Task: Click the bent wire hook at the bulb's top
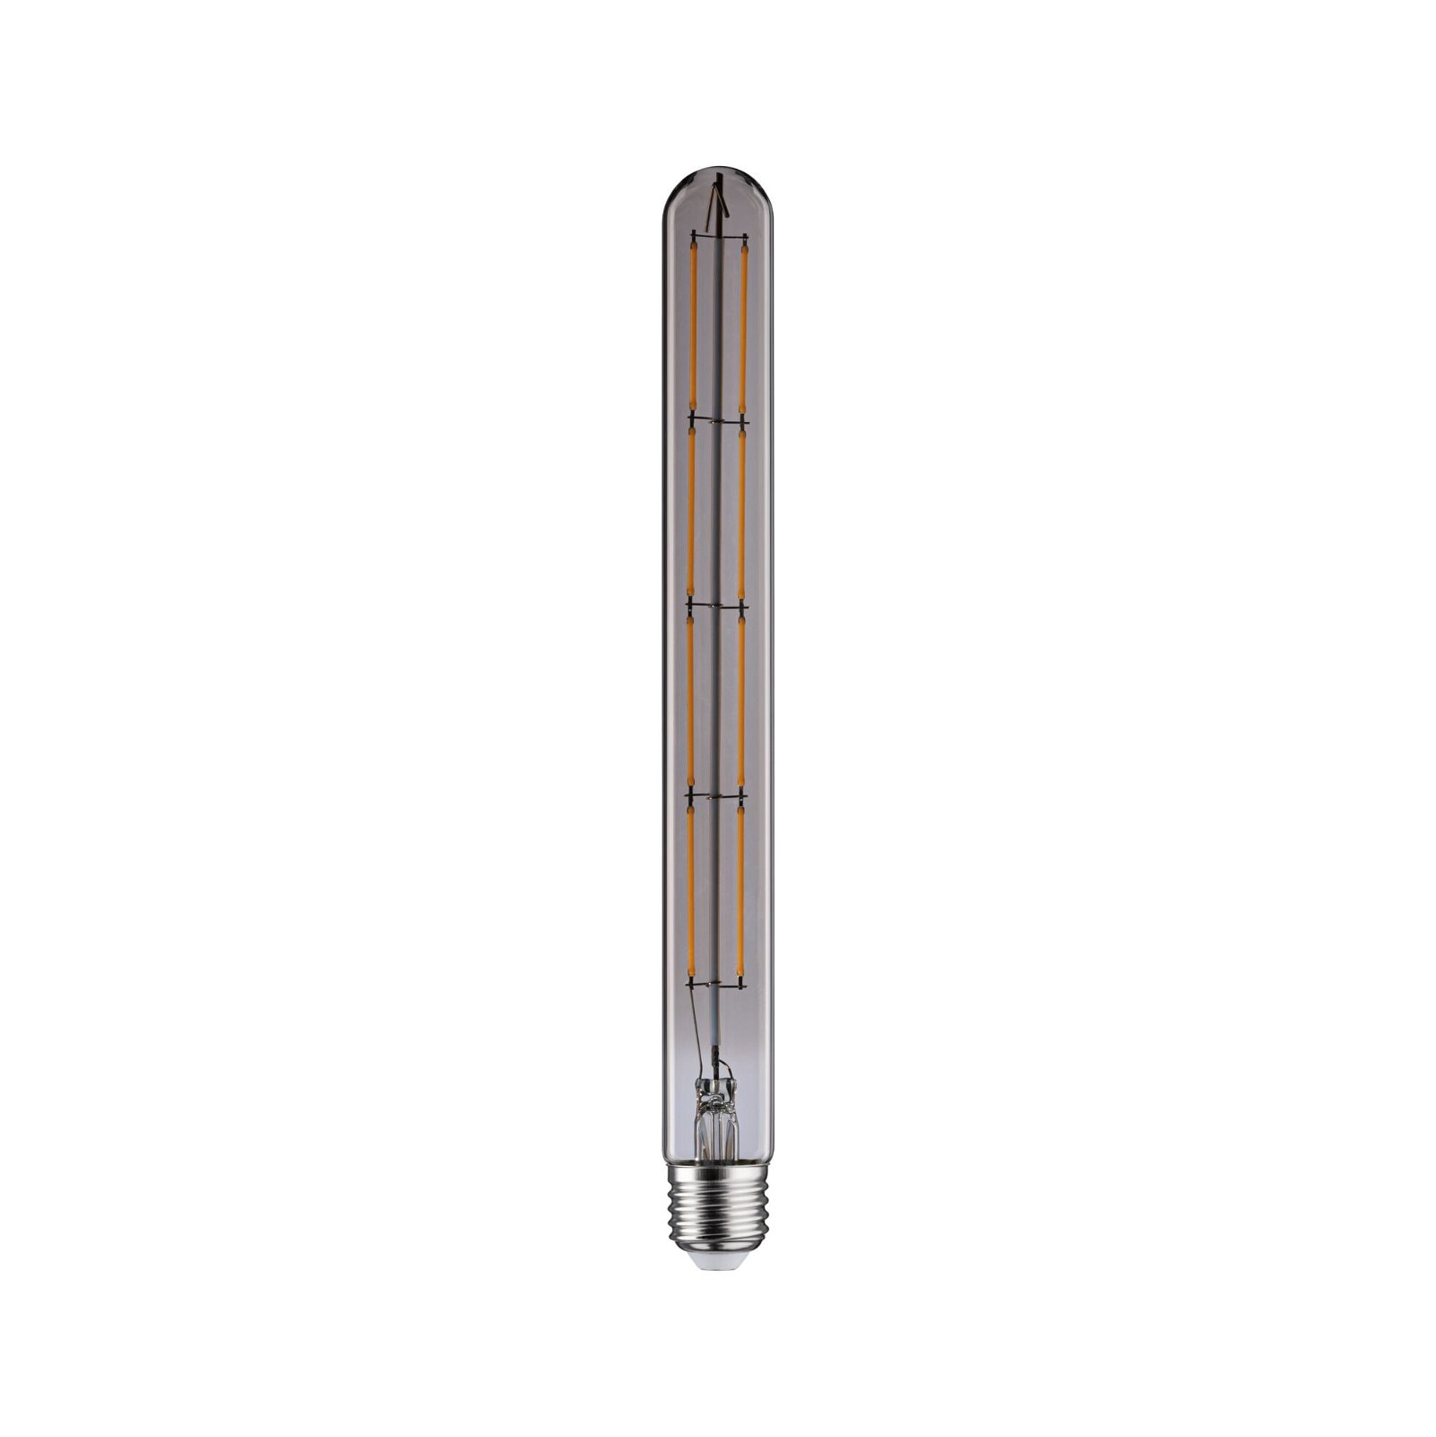tap(716, 208)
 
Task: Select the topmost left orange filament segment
tap(693, 328)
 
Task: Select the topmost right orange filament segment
tap(744, 328)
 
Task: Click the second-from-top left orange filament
tap(692, 512)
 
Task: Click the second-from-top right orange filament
tap(742, 512)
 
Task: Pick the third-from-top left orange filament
tap(691, 700)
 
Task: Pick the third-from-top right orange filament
tap(741, 700)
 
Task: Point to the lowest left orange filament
tap(690, 889)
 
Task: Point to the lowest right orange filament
tap(740, 889)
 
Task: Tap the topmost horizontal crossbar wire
tap(718, 236)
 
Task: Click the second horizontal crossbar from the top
tap(717, 419)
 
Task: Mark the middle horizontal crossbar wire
tap(716, 607)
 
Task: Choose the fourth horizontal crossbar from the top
tap(715, 794)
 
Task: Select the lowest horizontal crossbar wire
tap(715, 981)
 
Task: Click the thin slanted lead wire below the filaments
tap(696, 1032)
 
